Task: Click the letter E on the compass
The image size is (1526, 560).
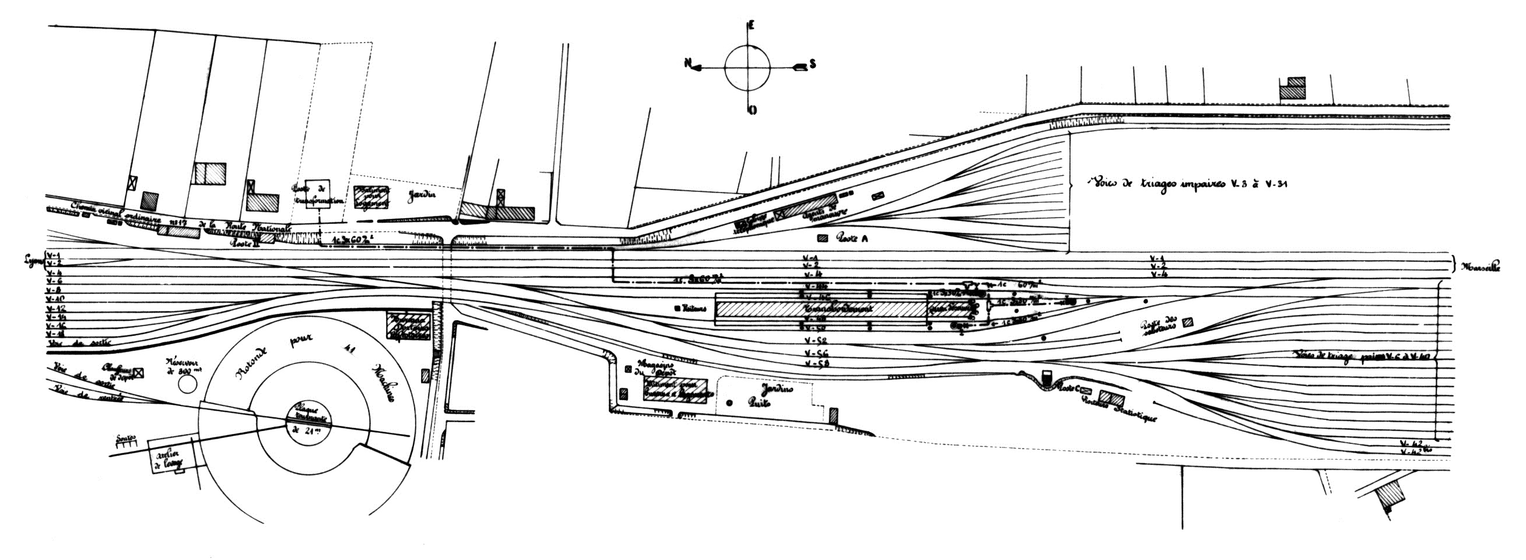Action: click(x=751, y=26)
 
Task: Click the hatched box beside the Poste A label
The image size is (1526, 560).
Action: click(x=822, y=239)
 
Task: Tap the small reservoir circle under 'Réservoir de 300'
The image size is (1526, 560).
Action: click(x=188, y=384)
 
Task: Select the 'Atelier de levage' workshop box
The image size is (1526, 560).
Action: click(x=168, y=455)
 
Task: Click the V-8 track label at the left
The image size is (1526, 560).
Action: click(x=54, y=290)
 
